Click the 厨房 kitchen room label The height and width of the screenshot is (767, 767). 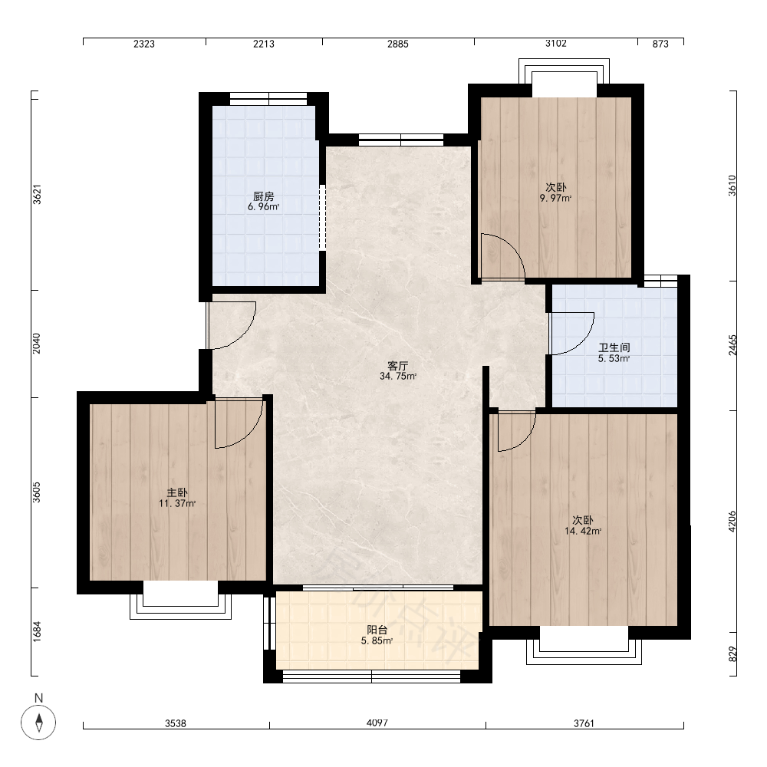click(264, 196)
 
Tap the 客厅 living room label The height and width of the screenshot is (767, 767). click(397, 366)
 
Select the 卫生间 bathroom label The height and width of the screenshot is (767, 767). click(614, 347)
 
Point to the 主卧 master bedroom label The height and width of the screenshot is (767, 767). click(177, 493)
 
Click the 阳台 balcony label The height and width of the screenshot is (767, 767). click(377, 630)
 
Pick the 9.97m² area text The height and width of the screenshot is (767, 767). click(555, 198)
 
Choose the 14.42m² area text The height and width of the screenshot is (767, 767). click(583, 532)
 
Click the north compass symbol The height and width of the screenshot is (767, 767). click(38, 723)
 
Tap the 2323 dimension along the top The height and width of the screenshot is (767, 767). click(144, 44)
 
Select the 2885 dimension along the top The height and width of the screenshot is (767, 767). click(397, 44)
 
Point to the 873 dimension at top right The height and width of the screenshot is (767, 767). click(660, 44)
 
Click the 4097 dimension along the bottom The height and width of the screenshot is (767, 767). click(377, 723)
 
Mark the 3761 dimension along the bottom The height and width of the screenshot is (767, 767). click(584, 723)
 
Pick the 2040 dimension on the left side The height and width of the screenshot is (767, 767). click(37, 344)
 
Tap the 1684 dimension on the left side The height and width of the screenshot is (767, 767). click(37, 631)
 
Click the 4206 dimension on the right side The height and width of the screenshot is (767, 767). click(732, 522)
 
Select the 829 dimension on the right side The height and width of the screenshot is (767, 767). click(732, 654)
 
